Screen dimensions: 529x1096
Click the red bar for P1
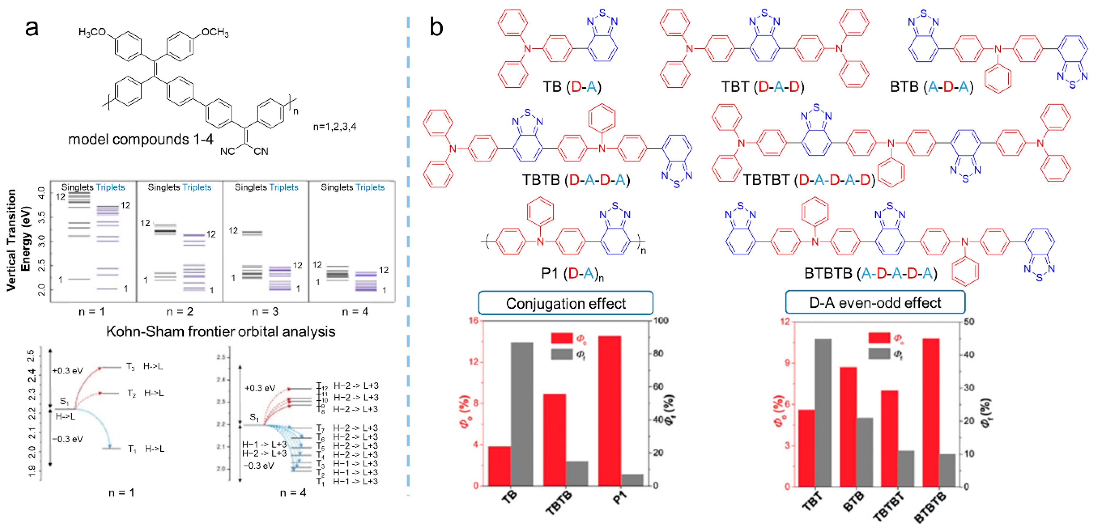tap(609, 410)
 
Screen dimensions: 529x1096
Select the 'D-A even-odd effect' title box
tap(875, 303)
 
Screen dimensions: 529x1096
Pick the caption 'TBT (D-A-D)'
tap(762, 87)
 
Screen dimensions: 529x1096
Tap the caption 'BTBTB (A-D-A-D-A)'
tap(870, 273)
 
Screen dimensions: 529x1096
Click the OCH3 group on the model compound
tap(215, 32)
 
